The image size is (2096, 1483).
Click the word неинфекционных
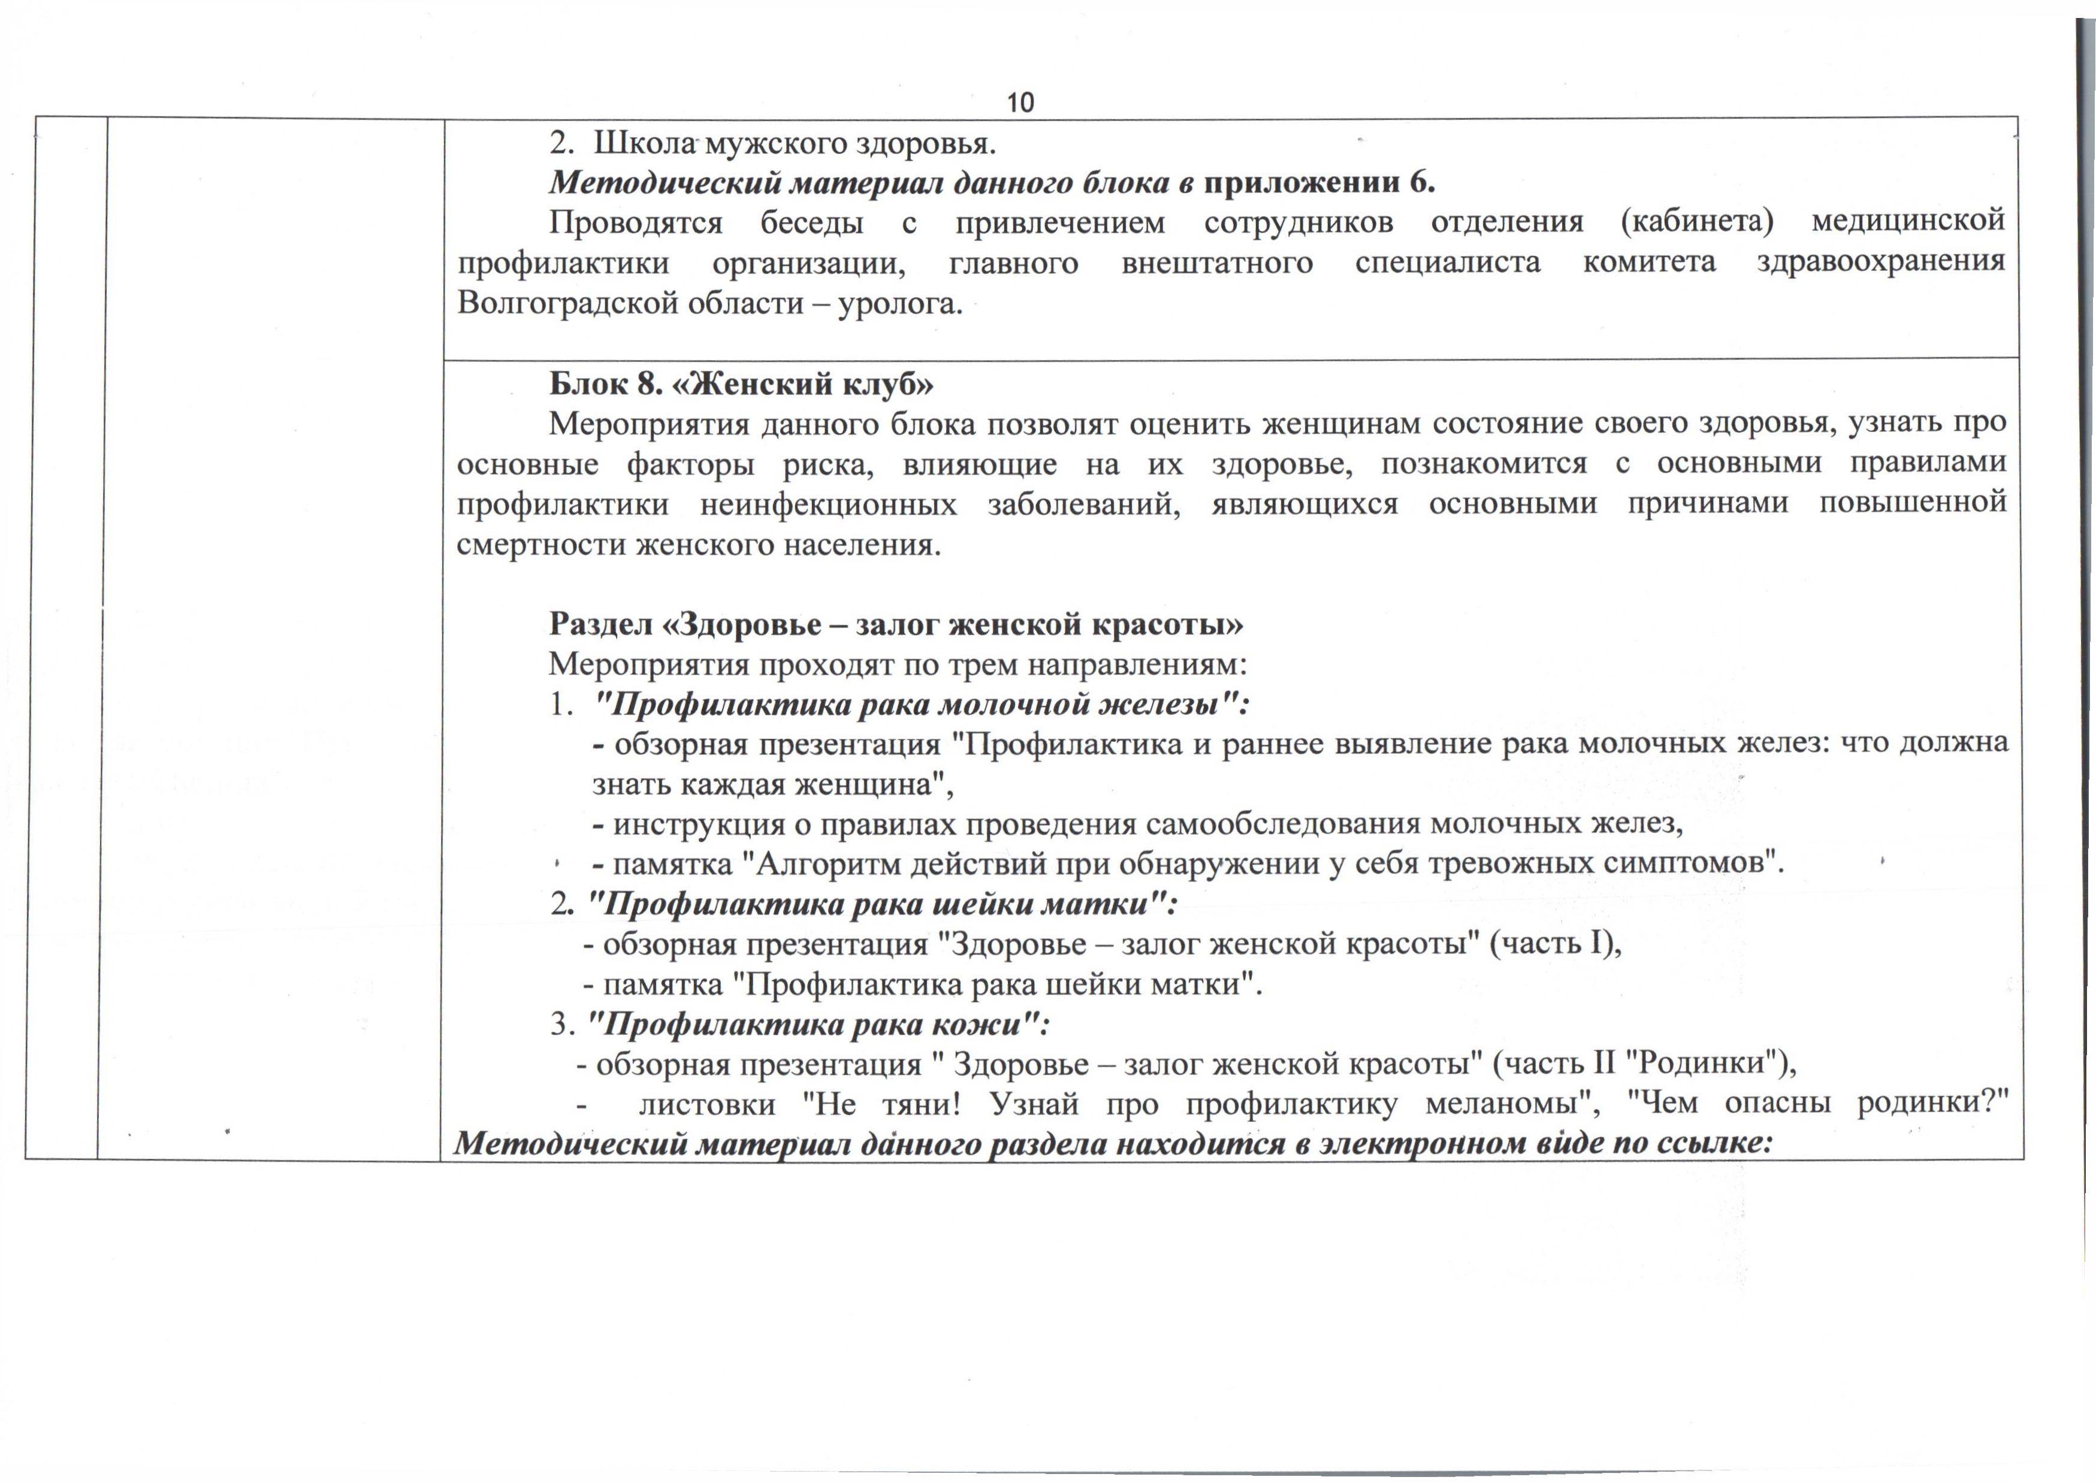[828, 504]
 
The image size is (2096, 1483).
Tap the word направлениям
[1138, 665]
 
